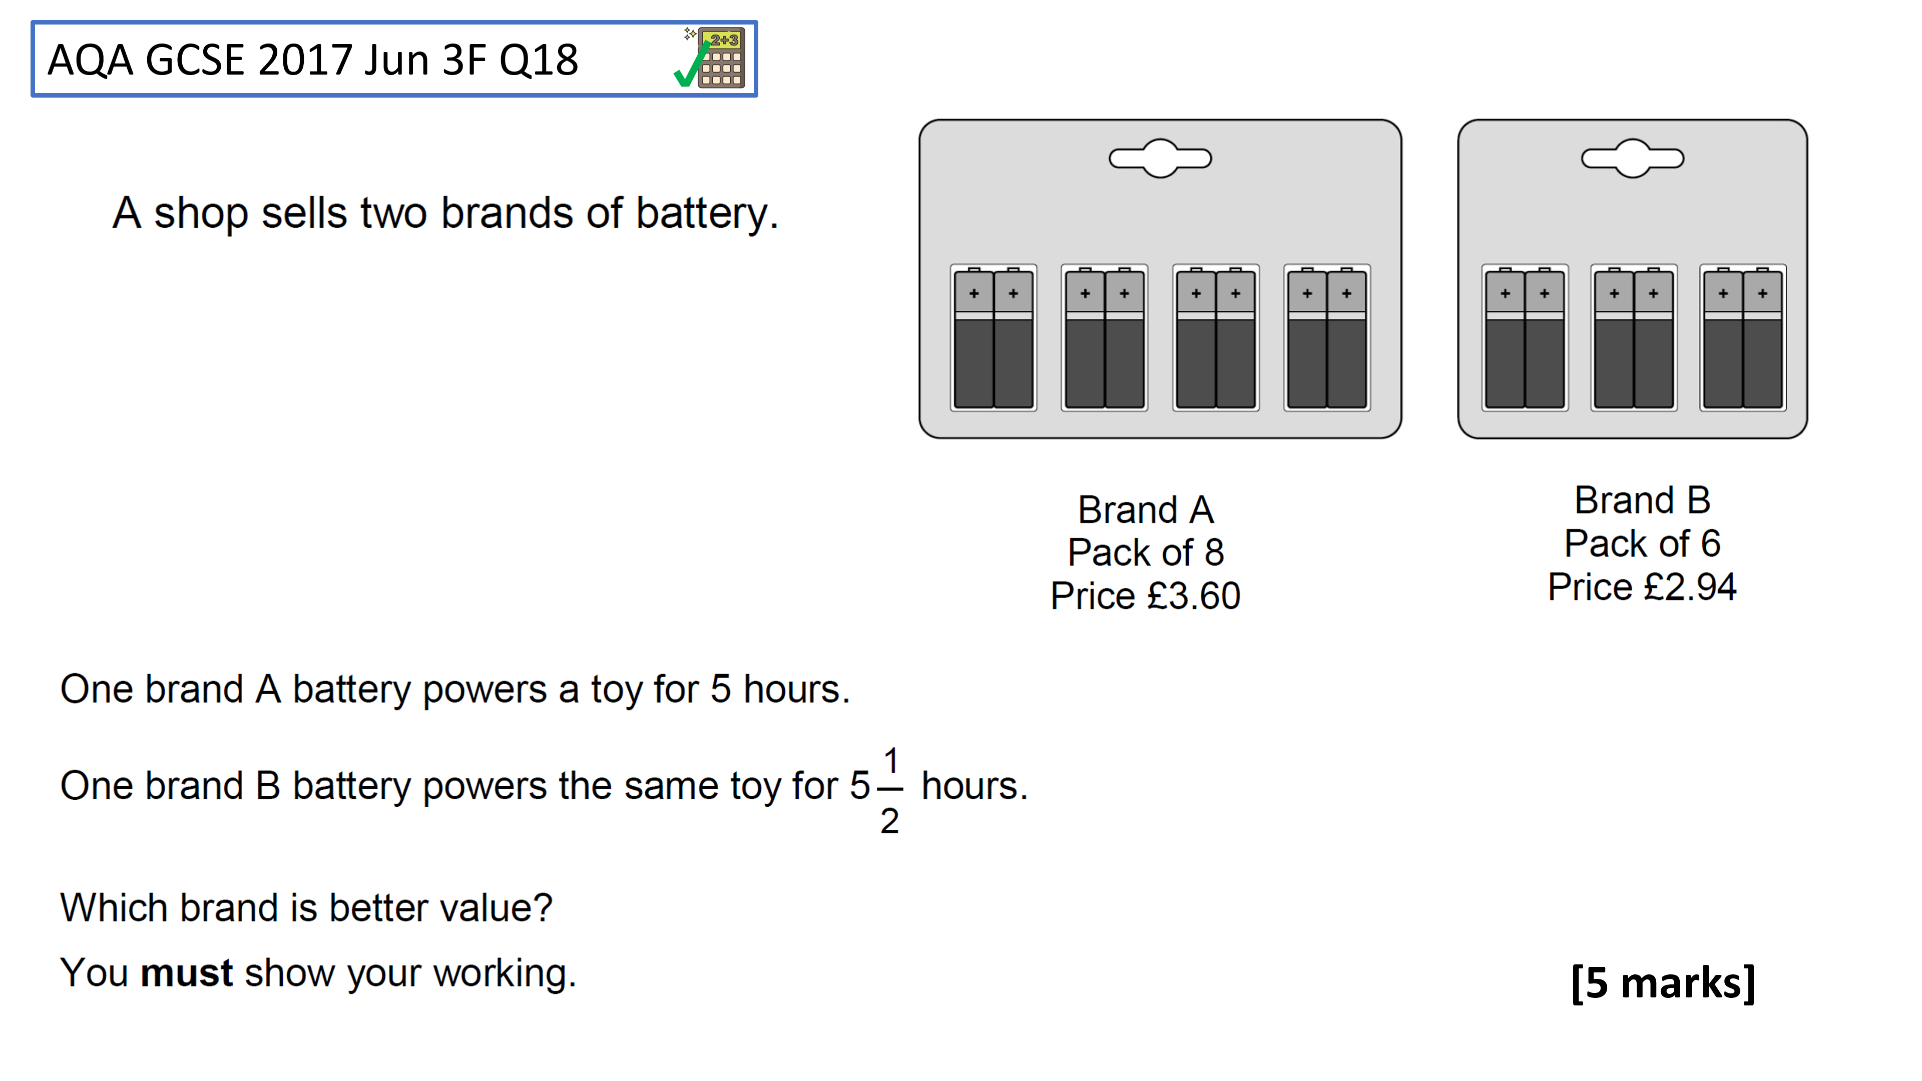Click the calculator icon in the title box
pyautogui.click(x=720, y=58)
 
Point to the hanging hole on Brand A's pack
pyautogui.click(x=1160, y=158)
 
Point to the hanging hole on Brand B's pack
pyautogui.click(x=1633, y=158)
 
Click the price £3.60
pyautogui.click(x=1193, y=596)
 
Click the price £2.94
pyautogui.click(x=1690, y=587)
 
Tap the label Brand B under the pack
pyautogui.click(x=1642, y=500)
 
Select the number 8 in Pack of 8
pyautogui.click(x=1214, y=553)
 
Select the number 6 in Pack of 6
pyautogui.click(x=1710, y=543)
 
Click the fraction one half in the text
pyautogui.click(x=889, y=791)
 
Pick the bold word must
pyautogui.click(x=187, y=973)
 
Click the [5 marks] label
pyautogui.click(x=1663, y=982)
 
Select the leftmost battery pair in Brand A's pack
pyautogui.click(x=993, y=337)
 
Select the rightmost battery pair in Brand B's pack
pyautogui.click(x=1743, y=337)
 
